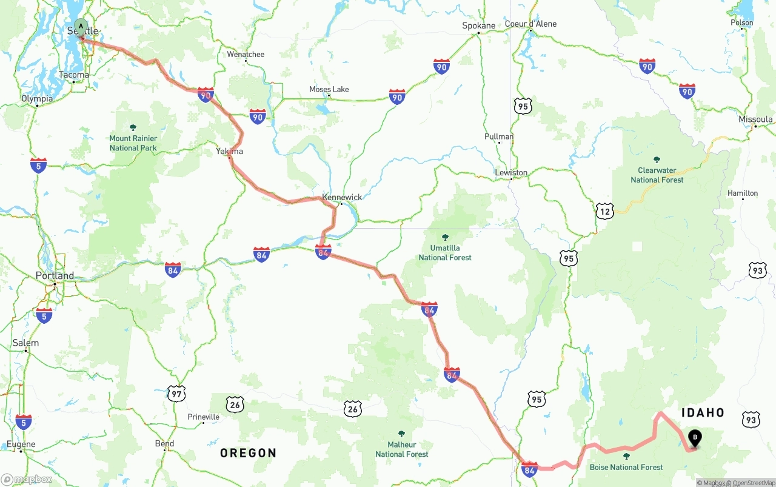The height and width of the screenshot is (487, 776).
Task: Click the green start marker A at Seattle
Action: (x=81, y=27)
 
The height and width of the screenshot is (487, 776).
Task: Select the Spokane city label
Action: (x=478, y=25)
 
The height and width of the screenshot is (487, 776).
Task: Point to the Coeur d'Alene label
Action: (x=530, y=24)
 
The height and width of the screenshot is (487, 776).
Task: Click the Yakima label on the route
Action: (x=229, y=151)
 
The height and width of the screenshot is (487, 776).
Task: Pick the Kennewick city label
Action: (x=342, y=197)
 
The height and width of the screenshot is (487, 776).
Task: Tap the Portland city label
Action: (x=55, y=276)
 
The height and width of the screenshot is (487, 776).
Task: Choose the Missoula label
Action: (x=755, y=119)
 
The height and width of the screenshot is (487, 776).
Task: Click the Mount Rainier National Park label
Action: (x=133, y=143)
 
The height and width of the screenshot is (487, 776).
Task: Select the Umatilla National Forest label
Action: (x=445, y=252)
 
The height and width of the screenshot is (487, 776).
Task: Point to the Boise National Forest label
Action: (x=626, y=467)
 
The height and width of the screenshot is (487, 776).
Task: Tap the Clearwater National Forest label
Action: (x=657, y=175)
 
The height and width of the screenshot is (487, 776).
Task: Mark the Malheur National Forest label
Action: (x=401, y=449)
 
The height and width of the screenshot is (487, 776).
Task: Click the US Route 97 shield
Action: (x=176, y=393)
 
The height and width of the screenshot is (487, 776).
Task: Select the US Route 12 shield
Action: (x=604, y=210)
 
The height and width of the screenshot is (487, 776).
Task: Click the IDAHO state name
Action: (x=703, y=413)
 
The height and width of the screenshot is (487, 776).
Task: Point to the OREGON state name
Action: (x=248, y=453)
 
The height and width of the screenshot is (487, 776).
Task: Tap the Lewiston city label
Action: (x=511, y=173)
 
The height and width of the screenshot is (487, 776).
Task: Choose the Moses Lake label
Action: (x=329, y=90)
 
